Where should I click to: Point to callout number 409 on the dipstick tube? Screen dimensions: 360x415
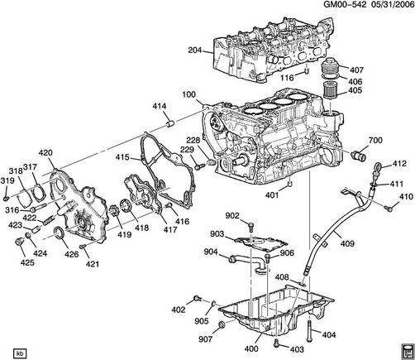tap(347, 243)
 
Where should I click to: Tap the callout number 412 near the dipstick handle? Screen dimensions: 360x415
tap(399, 166)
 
